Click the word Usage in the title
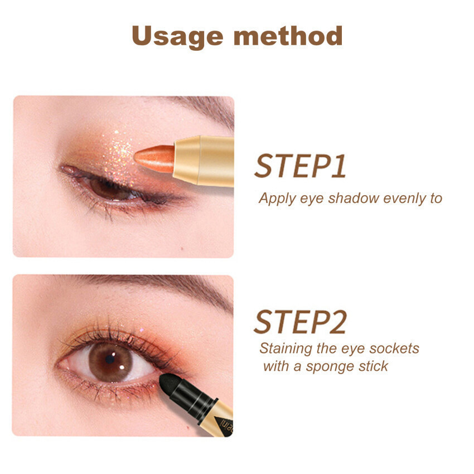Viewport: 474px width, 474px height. [177, 37]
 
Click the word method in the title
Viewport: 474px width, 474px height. [288, 36]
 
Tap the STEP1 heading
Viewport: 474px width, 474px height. [300, 166]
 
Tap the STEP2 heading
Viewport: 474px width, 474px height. [300, 322]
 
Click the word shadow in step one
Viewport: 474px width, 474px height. [354, 199]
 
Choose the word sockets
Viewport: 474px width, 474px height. [394, 349]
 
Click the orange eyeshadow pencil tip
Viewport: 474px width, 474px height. [154, 159]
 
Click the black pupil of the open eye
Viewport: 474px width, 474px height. [110, 360]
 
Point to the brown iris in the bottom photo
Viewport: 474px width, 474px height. [110, 362]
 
